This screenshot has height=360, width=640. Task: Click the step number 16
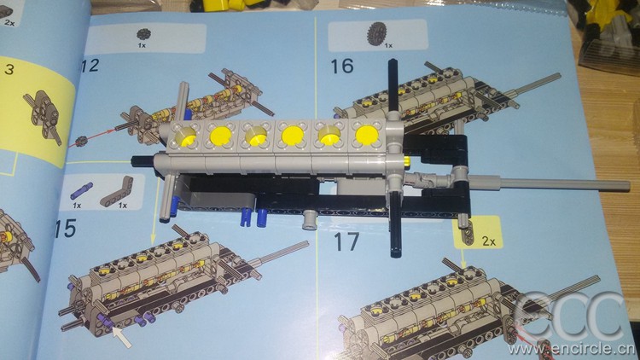tap(342, 67)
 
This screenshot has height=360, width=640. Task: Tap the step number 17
tap(347, 241)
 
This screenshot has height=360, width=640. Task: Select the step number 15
tap(66, 228)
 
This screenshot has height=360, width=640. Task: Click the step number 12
tap(90, 66)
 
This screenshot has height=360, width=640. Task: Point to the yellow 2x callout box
tap(478, 233)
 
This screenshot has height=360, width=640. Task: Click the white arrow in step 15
tap(122, 337)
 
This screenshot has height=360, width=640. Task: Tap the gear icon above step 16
tap(376, 33)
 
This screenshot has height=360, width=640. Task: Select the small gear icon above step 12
tap(143, 35)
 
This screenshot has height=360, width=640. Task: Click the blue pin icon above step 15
tap(81, 190)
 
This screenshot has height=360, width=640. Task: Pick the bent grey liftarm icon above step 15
tap(116, 190)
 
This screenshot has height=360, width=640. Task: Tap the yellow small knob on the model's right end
tap(407, 160)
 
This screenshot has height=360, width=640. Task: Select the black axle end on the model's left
tap(136, 160)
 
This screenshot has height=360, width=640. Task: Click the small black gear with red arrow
tap(81, 142)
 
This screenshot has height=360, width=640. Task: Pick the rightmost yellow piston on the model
tap(367, 136)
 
